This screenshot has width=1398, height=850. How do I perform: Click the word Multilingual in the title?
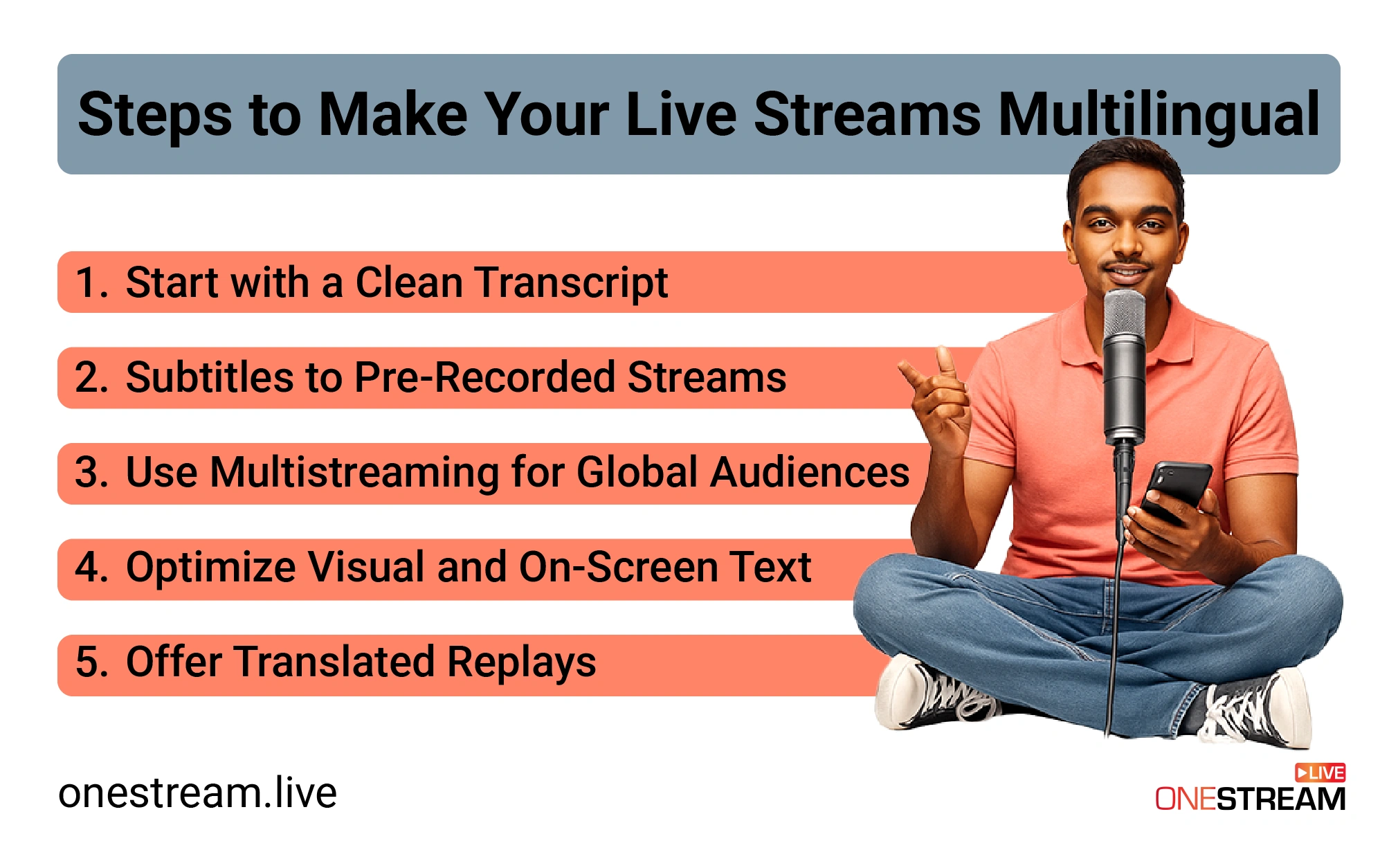pyautogui.click(x=1159, y=115)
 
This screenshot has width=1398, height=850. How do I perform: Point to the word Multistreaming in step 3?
pyautogui.click(x=354, y=473)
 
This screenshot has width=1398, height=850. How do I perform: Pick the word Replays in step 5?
pyautogui.click(x=521, y=662)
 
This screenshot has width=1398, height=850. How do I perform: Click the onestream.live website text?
pyautogui.click(x=198, y=793)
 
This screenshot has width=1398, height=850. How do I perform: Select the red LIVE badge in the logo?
pyautogui.click(x=1320, y=772)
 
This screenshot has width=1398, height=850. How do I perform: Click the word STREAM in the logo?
pyautogui.click(x=1281, y=799)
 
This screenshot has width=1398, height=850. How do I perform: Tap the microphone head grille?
pyautogui.click(x=1124, y=315)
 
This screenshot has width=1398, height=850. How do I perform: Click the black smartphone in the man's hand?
pyautogui.click(x=1176, y=493)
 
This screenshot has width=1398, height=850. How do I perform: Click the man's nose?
pyautogui.click(x=1126, y=242)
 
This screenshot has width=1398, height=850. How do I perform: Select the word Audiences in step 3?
pyautogui.click(x=810, y=473)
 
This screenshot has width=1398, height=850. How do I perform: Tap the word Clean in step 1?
pyautogui.click(x=409, y=282)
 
